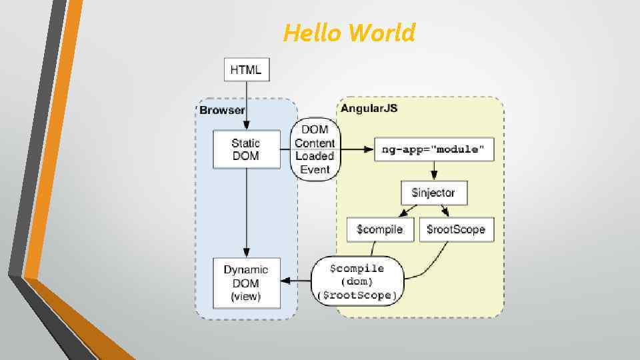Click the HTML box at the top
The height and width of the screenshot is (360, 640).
coord(246,69)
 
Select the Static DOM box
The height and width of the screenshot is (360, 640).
coord(245,149)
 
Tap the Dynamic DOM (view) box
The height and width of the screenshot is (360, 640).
coord(245,283)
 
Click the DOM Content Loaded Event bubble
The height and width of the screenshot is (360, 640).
coord(315,149)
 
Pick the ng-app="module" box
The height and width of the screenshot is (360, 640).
coord(434,149)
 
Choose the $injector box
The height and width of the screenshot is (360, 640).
coord(434,193)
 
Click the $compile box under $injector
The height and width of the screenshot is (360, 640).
coord(380,229)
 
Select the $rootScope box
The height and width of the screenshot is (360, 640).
coord(456,229)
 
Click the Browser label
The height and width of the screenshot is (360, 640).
coord(222,110)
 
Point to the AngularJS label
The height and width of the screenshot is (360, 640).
coord(369,108)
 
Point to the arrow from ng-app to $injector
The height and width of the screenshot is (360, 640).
coord(434,171)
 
